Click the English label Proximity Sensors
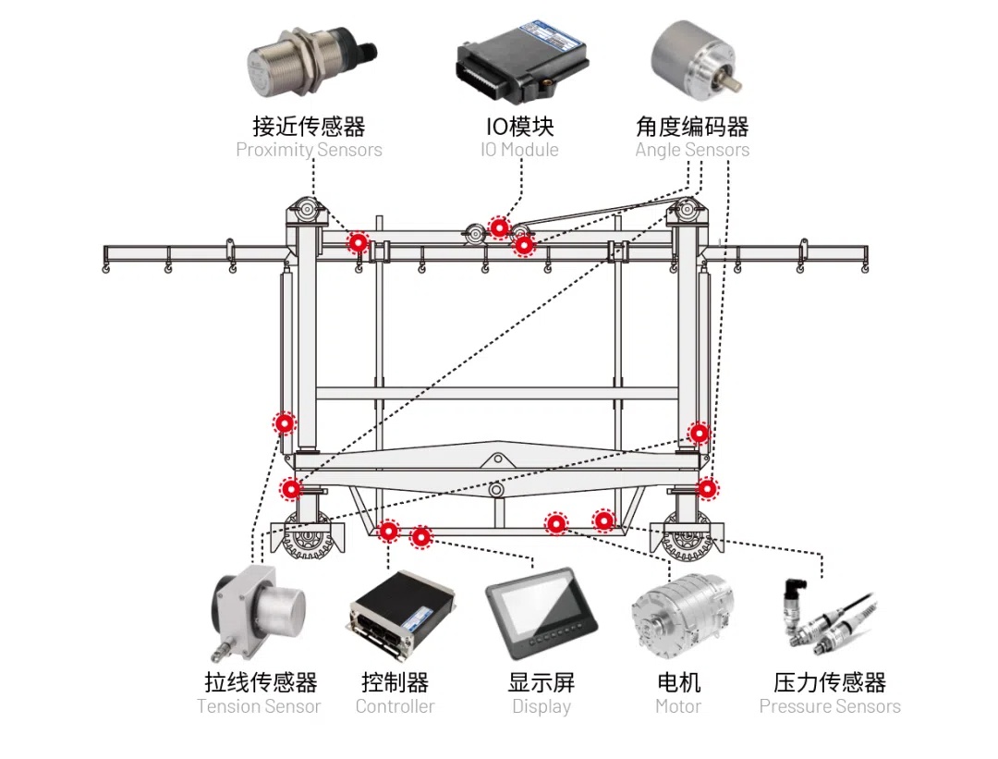pyautogui.click(x=309, y=150)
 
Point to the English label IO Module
pyautogui.click(x=519, y=150)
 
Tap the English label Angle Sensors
pyautogui.click(x=692, y=150)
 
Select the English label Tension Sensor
pyautogui.click(x=259, y=707)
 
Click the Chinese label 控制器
pyautogui.click(x=395, y=683)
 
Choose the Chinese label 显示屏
pyautogui.click(x=542, y=683)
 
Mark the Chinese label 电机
pyautogui.click(x=678, y=683)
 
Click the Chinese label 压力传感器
pyautogui.click(x=830, y=683)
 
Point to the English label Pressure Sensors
pyautogui.click(x=830, y=707)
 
